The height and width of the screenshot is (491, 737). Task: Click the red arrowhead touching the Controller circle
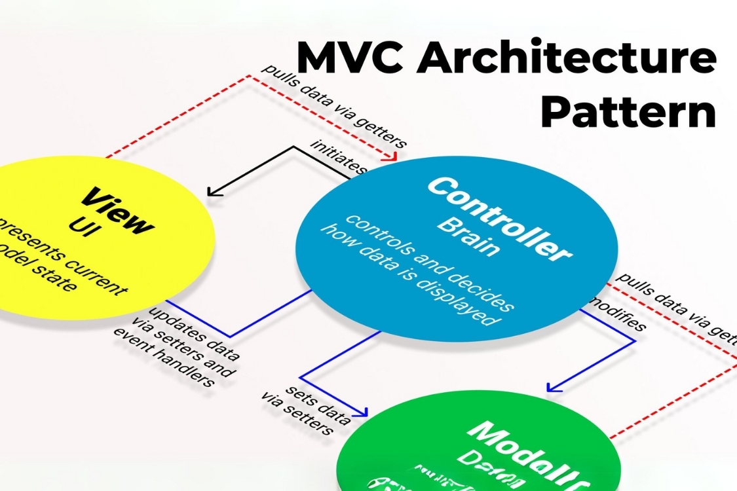(392, 157)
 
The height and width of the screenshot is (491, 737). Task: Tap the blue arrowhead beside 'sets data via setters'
(361, 412)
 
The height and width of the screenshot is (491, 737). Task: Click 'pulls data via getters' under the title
(334, 107)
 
